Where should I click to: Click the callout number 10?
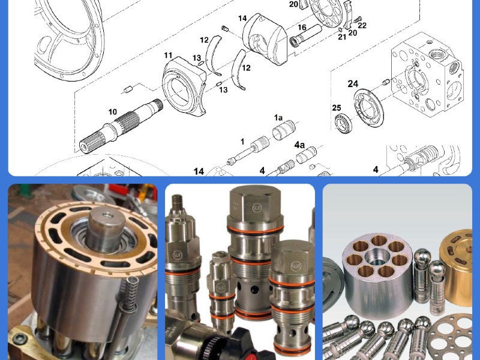113,112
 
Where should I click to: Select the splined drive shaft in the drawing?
121,126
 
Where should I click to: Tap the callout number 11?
168,55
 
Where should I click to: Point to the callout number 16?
302,28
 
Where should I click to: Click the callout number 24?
353,83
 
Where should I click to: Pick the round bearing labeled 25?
343,124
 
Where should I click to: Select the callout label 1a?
278,118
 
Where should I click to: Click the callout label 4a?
299,145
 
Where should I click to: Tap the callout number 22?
362,25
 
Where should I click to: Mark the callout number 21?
342,37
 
